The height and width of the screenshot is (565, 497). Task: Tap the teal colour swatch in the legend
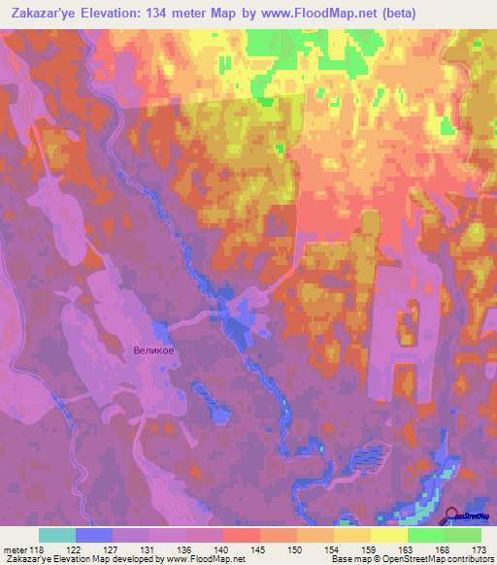click(x=57, y=535)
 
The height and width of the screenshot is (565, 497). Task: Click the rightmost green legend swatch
click(x=463, y=535)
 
